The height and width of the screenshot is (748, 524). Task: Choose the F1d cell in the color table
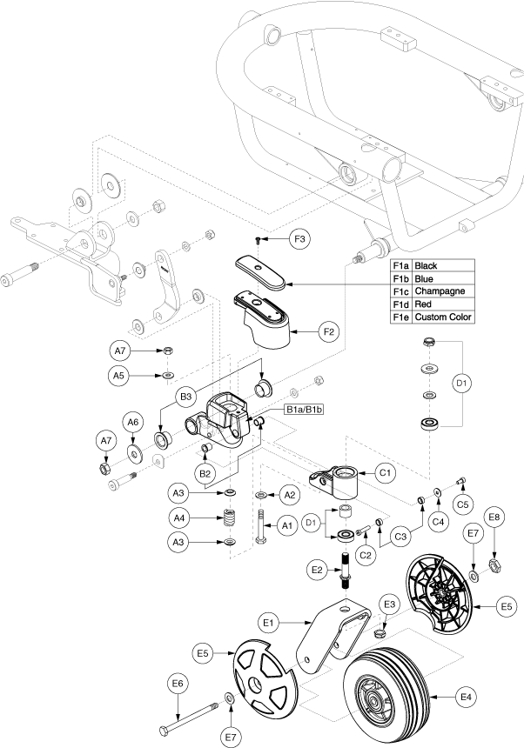point(401,304)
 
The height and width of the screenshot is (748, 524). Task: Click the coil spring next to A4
point(230,520)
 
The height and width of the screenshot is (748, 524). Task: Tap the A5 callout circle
point(123,376)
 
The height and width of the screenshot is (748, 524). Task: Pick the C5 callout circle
point(463,502)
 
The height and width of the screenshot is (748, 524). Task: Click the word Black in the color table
point(427,264)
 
